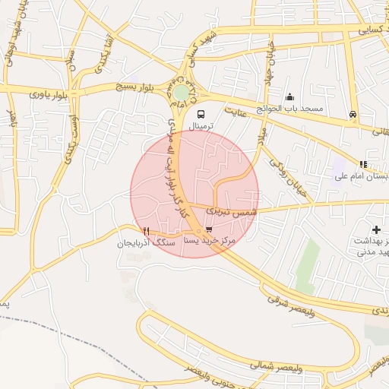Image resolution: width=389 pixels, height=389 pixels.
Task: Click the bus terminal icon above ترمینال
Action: coord(200,111)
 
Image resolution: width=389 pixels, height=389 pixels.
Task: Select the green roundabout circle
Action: coord(181,93)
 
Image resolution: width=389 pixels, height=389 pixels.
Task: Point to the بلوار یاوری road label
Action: coord(49,94)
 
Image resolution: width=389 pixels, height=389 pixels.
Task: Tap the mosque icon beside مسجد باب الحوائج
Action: coord(289,96)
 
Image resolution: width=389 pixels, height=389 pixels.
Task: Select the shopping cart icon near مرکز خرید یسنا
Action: coord(209,229)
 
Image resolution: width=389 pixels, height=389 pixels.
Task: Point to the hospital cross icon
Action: coord(376,229)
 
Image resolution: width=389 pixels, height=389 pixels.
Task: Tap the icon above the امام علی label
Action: coord(363,164)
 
